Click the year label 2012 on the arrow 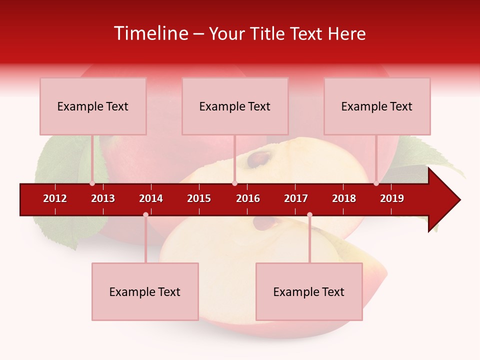pos(55,198)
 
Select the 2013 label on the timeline pos(103,198)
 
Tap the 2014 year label pos(151,198)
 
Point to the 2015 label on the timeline pos(199,198)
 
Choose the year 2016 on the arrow pos(248,198)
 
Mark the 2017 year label pos(296,198)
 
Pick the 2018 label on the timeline pos(344,198)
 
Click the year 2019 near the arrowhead pos(392,198)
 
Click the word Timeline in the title pos(151,33)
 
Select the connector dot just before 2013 pos(92,183)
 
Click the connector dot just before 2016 pos(234,183)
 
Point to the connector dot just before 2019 pos(376,183)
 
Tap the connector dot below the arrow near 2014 pos(145,214)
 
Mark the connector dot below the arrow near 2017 pos(309,214)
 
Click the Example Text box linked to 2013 pos(93,106)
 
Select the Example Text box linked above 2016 pos(235,106)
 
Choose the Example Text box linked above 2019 pos(377,106)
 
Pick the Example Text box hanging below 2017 pos(309,291)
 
